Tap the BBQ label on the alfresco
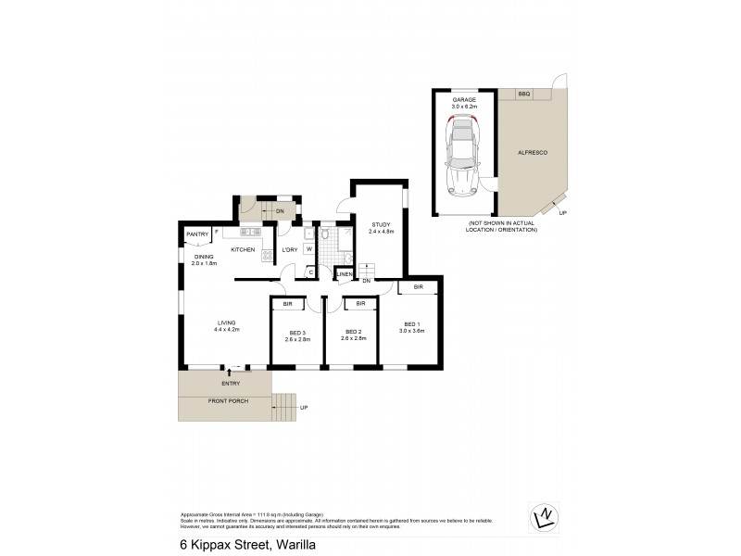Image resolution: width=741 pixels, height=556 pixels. [x=523, y=95]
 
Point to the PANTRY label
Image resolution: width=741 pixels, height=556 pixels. [x=197, y=234]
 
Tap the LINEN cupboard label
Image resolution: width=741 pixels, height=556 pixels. [x=344, y=274]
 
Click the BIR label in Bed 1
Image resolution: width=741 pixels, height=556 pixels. [x=419, y=288]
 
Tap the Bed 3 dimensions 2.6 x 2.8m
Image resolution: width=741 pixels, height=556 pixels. [x=297, y=340]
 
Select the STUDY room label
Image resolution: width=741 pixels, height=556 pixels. [x=381, y=225]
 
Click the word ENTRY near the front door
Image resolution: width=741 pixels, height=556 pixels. [x=231, y=383]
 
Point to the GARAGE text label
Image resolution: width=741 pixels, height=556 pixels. [x=463, y=99]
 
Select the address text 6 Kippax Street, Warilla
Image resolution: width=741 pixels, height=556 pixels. [x=243, y=546]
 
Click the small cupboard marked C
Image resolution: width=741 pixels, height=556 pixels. [x=310, y=272]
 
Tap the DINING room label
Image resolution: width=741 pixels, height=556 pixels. [x=204, y=257]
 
